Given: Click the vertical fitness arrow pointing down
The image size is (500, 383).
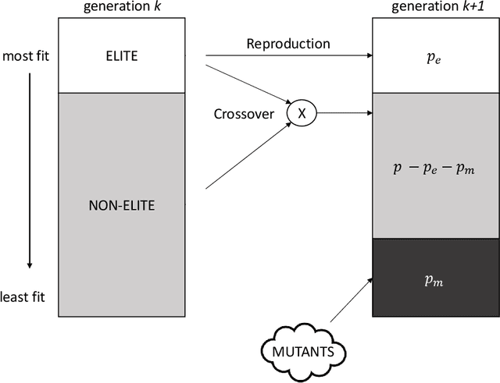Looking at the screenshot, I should pyautogui.click(x=29, y=172).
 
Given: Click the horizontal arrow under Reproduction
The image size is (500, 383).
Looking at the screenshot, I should pyautogui.click(x=289, y=56).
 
